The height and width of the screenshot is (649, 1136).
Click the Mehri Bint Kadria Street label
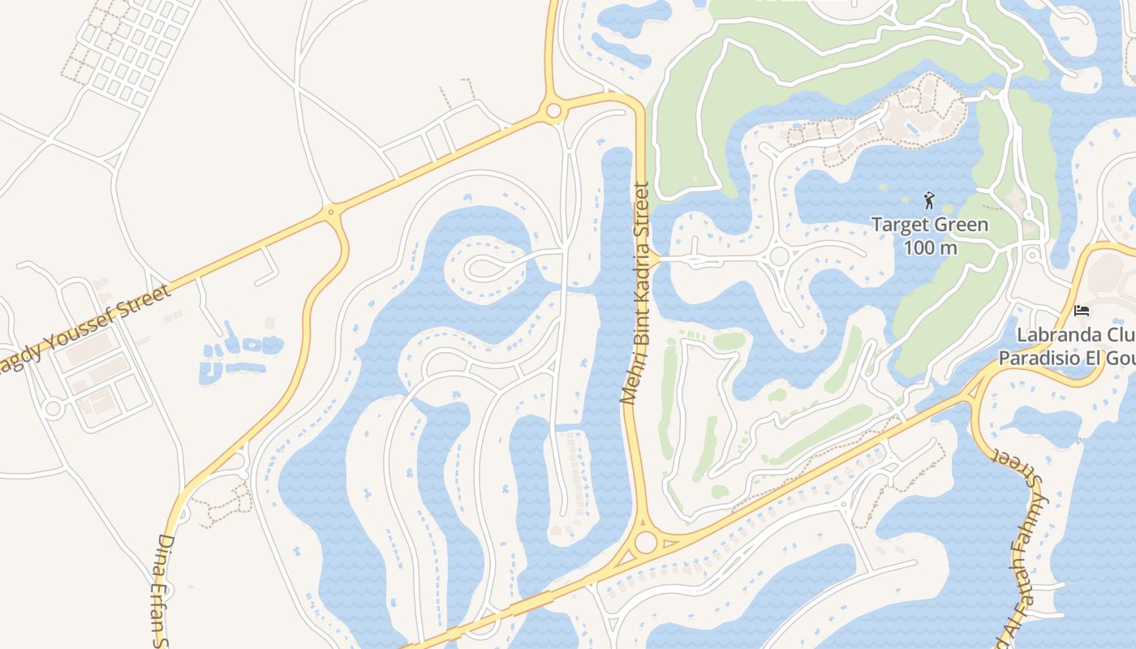point(636,294)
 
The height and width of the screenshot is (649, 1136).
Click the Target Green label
point(929,225)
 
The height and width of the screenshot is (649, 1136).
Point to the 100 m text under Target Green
point(930,247)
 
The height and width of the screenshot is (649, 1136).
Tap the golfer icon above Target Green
point(929,200)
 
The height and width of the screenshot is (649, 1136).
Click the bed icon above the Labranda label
point(1081,310)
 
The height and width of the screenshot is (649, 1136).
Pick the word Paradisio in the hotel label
point(1039,358)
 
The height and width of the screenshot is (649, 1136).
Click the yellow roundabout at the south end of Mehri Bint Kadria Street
point(646,542)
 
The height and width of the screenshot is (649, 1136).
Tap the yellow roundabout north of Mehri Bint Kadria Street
point(554,110)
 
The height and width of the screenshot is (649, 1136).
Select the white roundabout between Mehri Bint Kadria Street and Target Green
point(779,256)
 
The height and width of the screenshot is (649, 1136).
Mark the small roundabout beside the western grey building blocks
point(54,408)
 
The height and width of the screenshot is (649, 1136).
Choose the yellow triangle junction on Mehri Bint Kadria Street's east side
point(652,259)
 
